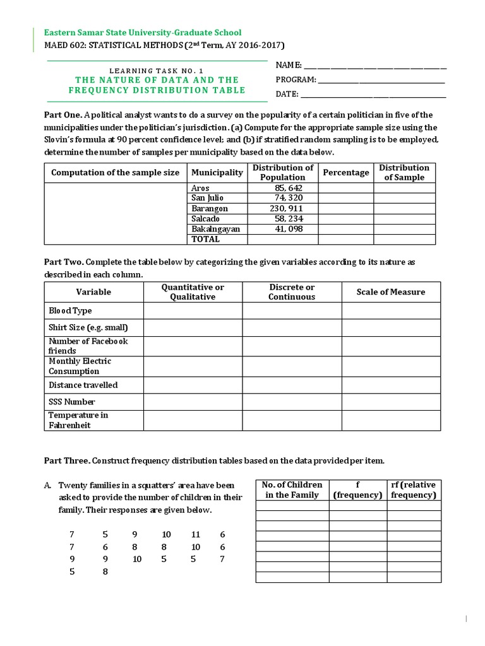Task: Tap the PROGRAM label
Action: point(296,79)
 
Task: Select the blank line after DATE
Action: point(373,95)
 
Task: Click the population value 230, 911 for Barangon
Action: point(282,209)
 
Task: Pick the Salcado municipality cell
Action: point(205,219)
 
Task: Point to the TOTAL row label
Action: point(205,239)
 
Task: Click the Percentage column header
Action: point(345,173)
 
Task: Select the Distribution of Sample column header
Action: point(404,173)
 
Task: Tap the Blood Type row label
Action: point(70,310)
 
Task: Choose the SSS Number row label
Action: point(71,402)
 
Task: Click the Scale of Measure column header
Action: point(390,292)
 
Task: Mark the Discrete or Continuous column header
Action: point(291,292)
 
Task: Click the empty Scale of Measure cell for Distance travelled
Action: point(390,385)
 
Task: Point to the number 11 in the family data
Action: point(195,535)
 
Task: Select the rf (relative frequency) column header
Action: point(413,490)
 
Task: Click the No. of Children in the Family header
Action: point(292,490)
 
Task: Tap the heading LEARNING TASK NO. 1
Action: point(157,71)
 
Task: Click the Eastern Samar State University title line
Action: point(142,32)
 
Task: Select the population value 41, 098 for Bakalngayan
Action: point(282,229)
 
